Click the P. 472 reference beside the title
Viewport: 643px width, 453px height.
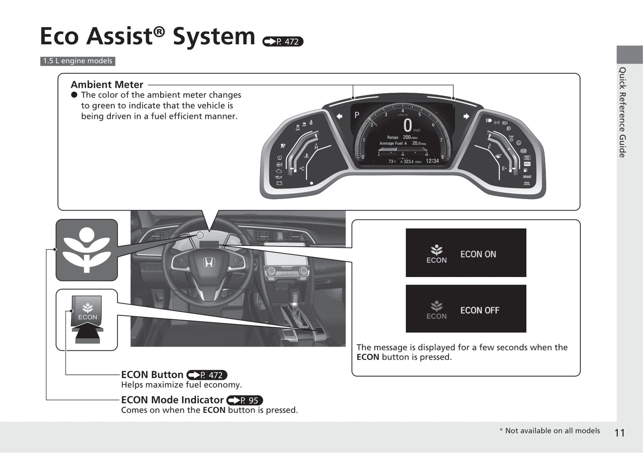point(283,42)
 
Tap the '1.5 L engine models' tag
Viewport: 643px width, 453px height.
point(78,61)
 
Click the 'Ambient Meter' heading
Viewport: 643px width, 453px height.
point(107,84)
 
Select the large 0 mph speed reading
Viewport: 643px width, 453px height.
point(407,125)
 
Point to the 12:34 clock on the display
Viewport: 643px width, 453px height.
point(432,161)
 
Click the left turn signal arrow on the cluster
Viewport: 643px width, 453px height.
point(340,116)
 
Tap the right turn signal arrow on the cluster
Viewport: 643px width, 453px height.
point(466,116)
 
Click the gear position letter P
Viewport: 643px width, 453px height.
point(356,115)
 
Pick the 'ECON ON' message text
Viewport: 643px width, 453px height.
point(478,254)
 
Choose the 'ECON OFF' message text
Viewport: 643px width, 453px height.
point(480,310)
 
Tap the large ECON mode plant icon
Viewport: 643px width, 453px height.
point(87,249)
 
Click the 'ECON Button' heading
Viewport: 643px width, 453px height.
point(152,375)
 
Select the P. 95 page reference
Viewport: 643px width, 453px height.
point(245,400)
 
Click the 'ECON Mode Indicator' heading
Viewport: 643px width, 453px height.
point(172,400)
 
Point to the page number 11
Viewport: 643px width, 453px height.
point(619,433)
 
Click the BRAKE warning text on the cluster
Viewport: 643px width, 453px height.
point(527,177)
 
